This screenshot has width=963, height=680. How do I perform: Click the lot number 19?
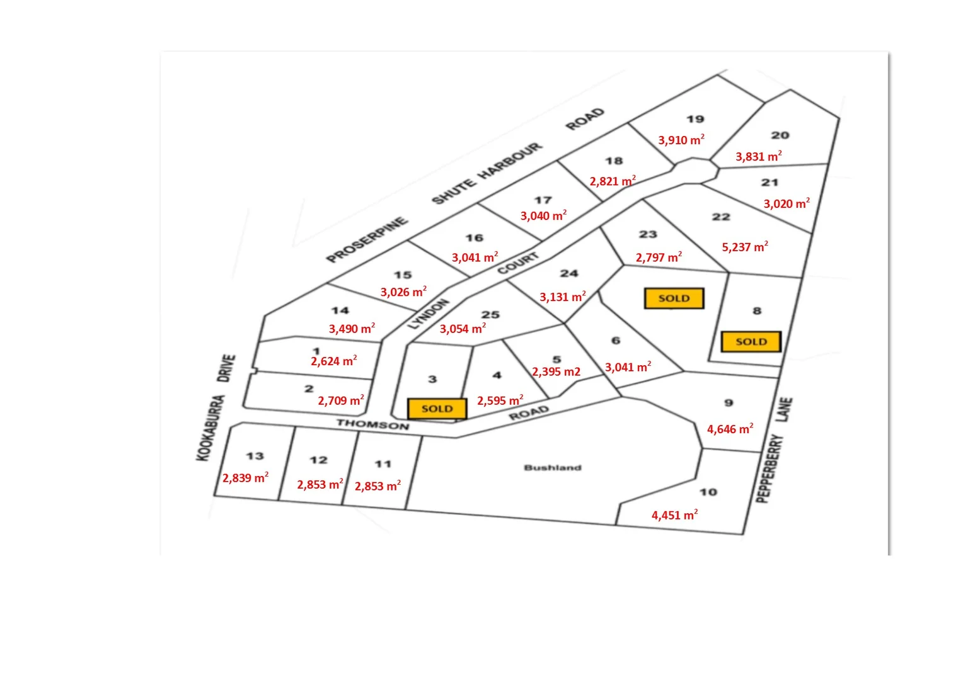point(695,119)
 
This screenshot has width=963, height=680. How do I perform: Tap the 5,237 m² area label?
point(745,247)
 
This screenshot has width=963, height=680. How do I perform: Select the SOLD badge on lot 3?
point(437,409)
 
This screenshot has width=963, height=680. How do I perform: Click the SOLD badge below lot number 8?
point(751,342)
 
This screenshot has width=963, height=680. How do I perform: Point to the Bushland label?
point(553,468)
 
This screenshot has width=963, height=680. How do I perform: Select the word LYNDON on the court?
point(428,314)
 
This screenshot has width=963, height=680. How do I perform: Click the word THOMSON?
point(372,424)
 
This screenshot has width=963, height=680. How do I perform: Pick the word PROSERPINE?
point(367,240)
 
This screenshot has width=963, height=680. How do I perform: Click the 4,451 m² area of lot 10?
point(674,515)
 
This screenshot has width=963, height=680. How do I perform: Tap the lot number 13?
point(255,456)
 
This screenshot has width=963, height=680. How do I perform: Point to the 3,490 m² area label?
point(352,329)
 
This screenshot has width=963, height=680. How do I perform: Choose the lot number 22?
point(721,217)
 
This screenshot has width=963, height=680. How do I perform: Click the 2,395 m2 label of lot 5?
point(556,371)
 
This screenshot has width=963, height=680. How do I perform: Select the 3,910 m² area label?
point(681,140)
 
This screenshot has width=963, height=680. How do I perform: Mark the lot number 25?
point(490,315)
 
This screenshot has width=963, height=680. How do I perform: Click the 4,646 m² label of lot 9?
point(730,429)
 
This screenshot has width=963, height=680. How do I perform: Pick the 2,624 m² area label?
point(333,361)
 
